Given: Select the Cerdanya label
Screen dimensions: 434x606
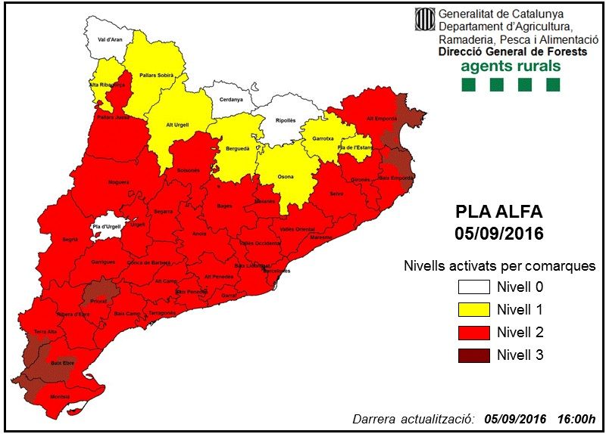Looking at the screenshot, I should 231,100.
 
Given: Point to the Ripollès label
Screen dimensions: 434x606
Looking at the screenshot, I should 285,119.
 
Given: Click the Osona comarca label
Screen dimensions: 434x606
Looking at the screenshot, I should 286,176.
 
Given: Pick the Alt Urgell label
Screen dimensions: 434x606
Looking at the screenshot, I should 180,126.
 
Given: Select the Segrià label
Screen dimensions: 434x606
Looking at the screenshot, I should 70,239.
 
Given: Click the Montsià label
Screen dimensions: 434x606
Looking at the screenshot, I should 59,396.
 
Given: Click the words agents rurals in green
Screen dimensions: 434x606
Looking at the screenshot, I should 511,66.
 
